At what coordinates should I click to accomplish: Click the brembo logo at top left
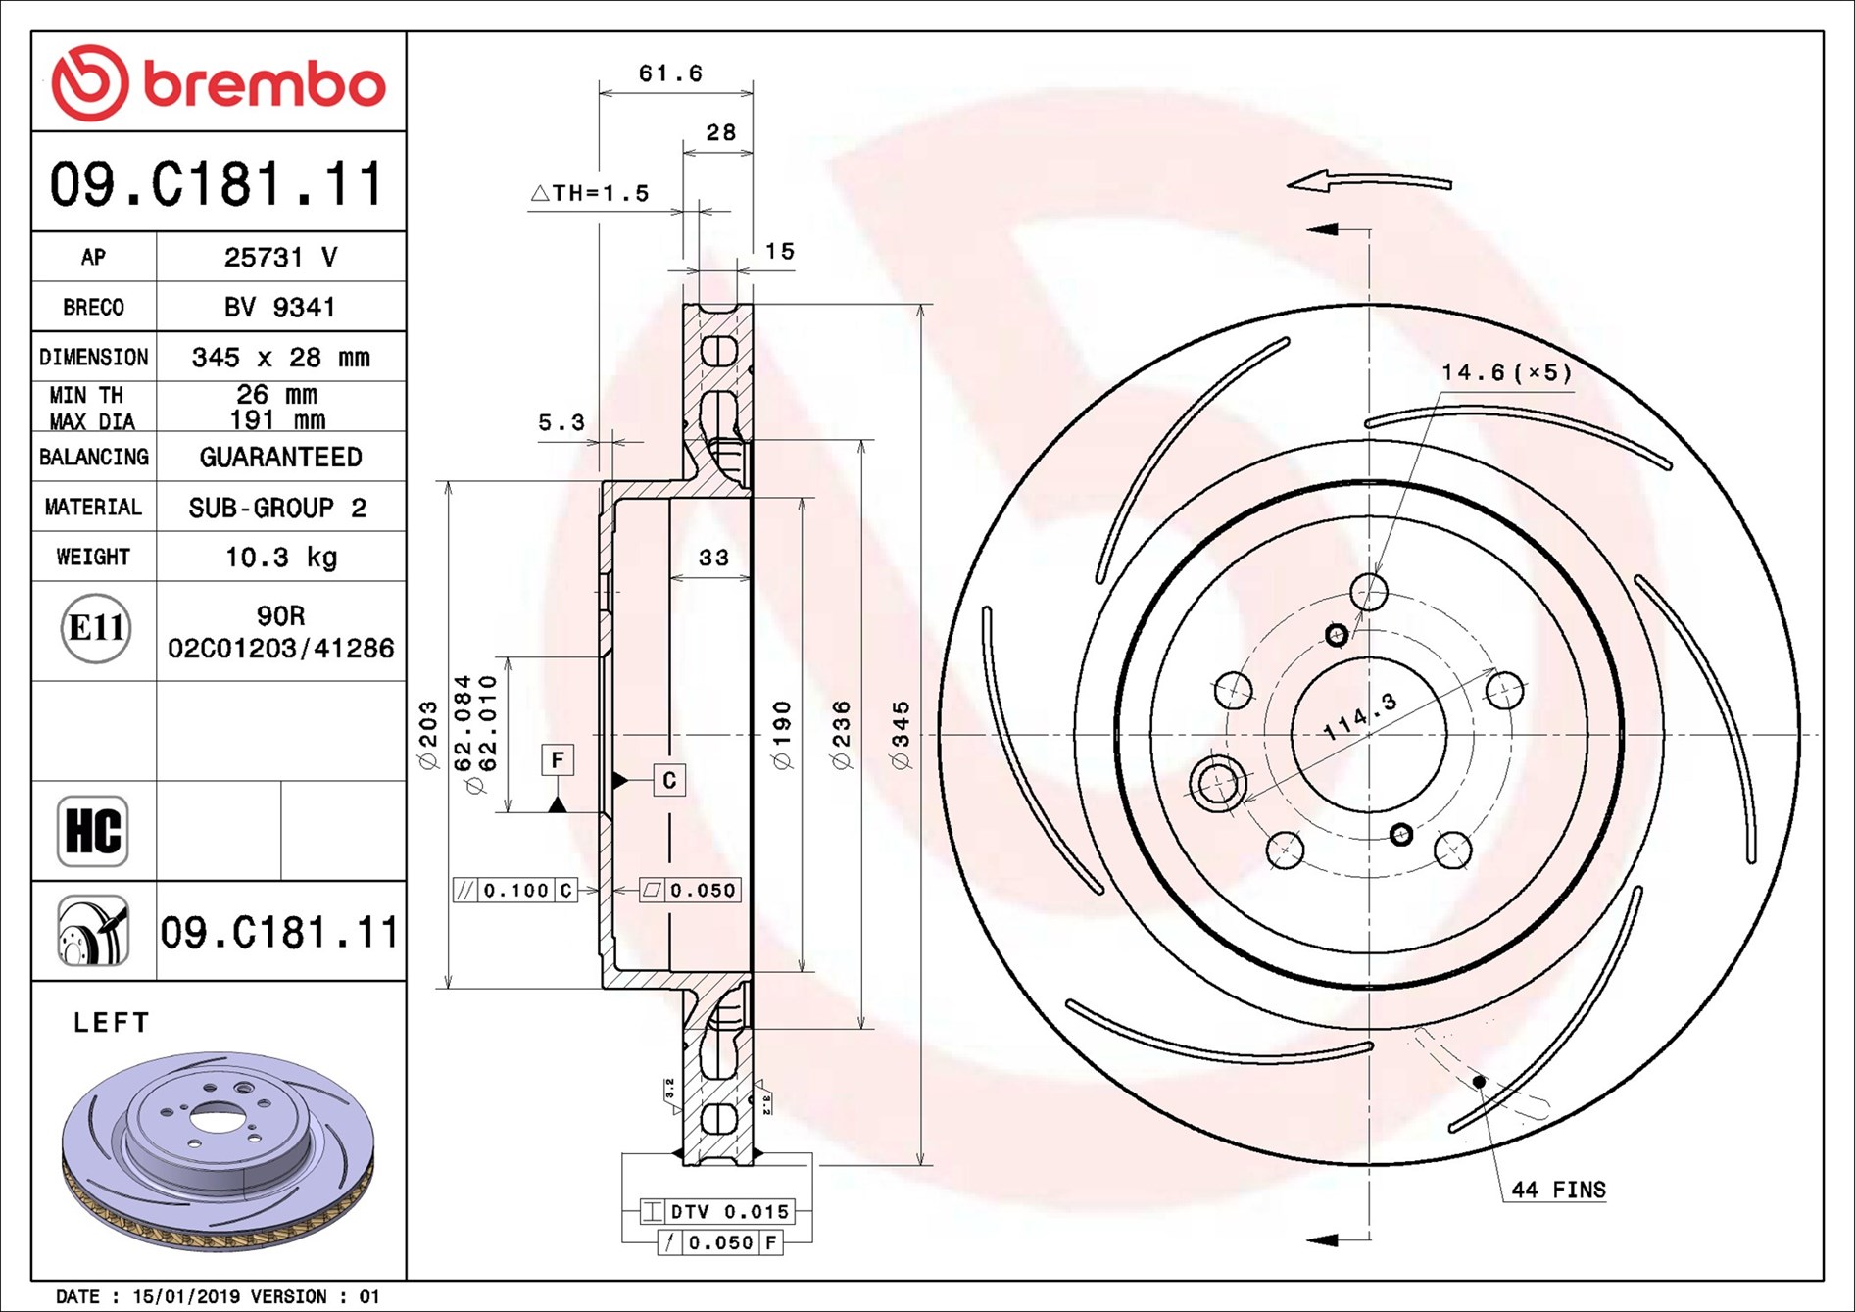pyautogui.click(x=218, y=82)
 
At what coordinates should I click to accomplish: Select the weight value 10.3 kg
pyautogui.click(x=280, y=558)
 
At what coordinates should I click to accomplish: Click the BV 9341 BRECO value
pyautogui.click(x=280, y=308)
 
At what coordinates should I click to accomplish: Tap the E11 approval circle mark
pyautogui.click(x=95, y=628)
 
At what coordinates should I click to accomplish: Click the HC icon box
pyautogui.click(x=93, y=831)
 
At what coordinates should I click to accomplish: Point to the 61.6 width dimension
pyautogui.click(x=670, y=73)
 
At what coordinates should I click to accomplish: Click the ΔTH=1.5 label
pyautogui.click(x=591, y=193)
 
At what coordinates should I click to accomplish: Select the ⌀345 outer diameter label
pyautogui.click(x=901, y=735)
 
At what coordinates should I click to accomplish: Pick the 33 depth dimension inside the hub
pyautogui.click(x=713, y=558)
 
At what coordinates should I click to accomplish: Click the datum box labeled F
pyautogui.click(x=558, y=759)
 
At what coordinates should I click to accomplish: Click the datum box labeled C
pyautogui.click(x=669, y=780)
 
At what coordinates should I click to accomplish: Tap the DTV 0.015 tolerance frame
pyautogui.click(x=717, y=1212)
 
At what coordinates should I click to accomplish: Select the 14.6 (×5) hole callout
pyautogui.click(x=1505, y=372)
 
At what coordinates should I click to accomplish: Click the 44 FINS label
pyautogui.click(x=1558, y=1190)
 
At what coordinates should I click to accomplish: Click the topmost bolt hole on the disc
pyautogui.click(x=1369, y=592)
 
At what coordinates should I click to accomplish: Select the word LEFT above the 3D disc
pyautogui.click(x=112, y=1023)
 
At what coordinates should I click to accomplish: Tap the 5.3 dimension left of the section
pyautogui.click(x=561, y=422)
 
